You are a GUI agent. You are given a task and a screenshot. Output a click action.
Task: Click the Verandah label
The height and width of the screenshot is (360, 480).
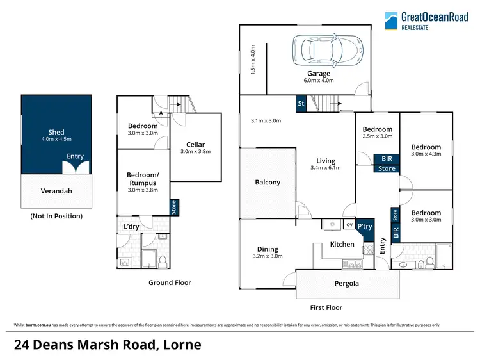56,190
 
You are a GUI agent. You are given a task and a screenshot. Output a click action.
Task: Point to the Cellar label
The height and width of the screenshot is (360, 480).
196,144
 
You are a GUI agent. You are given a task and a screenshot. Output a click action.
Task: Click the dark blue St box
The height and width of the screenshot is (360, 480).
301,103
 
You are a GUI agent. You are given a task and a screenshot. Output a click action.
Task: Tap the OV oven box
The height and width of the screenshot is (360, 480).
349,225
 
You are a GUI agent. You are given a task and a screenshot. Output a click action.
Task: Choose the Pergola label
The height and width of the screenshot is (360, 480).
346,283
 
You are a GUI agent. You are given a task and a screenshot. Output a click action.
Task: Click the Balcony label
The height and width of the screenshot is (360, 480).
268,183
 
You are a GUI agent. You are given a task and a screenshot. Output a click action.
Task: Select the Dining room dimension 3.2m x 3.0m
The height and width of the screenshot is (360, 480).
268,256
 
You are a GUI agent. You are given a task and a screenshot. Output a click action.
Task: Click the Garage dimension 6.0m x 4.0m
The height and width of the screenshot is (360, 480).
317,81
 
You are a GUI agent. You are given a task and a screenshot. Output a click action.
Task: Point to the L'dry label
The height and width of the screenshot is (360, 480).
131,225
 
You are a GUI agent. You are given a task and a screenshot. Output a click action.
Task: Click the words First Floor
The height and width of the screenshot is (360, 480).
326,307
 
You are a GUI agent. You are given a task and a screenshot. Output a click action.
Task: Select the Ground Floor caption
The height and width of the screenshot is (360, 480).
170,282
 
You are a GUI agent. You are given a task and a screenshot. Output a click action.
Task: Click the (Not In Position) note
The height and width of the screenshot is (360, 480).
56,216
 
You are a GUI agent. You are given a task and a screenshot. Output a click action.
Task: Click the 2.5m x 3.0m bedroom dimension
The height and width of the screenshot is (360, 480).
378,137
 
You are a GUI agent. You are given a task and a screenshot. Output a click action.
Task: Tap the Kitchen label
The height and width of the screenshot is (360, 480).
342,244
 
